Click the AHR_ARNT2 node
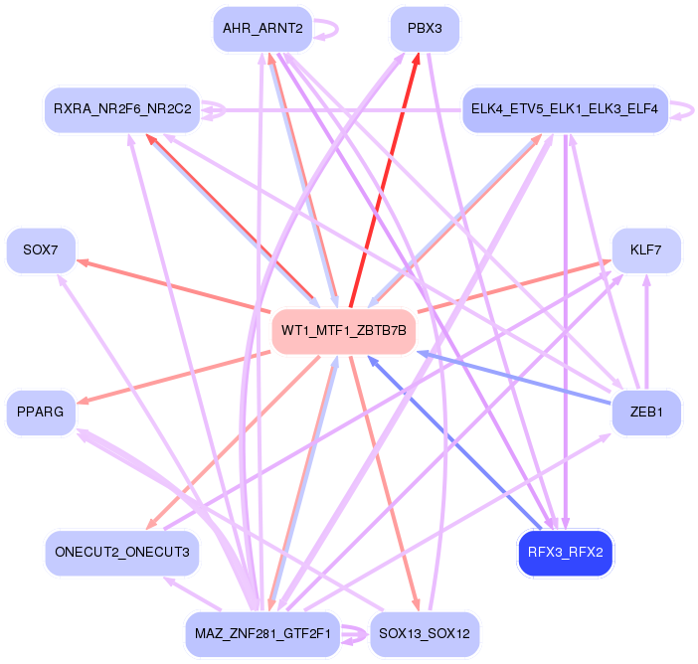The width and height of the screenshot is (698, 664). (x=262, y=29)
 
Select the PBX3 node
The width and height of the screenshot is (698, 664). (x=425, y=29)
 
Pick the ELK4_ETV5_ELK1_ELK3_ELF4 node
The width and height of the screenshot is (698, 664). (x=565, y=108)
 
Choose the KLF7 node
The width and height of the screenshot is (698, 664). (x=646, y=250)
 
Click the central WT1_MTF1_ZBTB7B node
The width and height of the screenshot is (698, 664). (x=344, y=330)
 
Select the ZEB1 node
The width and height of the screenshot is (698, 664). (x=646, y=412)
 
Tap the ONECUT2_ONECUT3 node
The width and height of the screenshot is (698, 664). (x=122, y=552)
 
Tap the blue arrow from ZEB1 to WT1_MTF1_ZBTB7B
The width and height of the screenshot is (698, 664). (x=517, y=378)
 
